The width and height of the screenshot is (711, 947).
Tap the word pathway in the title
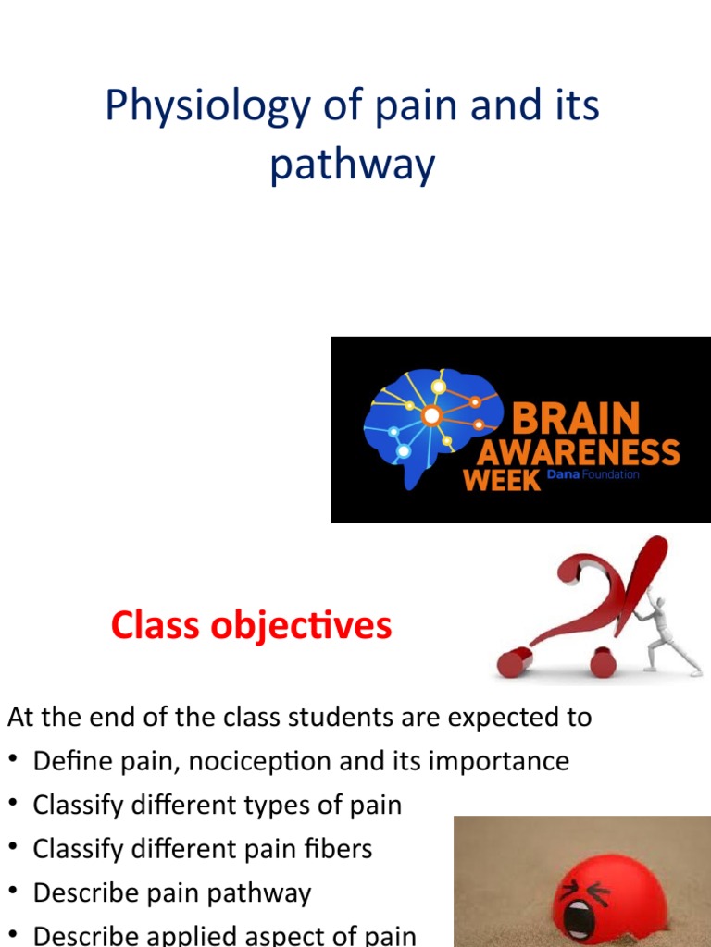point(352,166)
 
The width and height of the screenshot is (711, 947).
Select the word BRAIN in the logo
point(575,419)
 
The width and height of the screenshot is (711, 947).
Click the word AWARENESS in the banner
point(579,453)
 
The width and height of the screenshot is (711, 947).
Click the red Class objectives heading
point(251,626)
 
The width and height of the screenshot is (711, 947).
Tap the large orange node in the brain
point(430,416)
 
